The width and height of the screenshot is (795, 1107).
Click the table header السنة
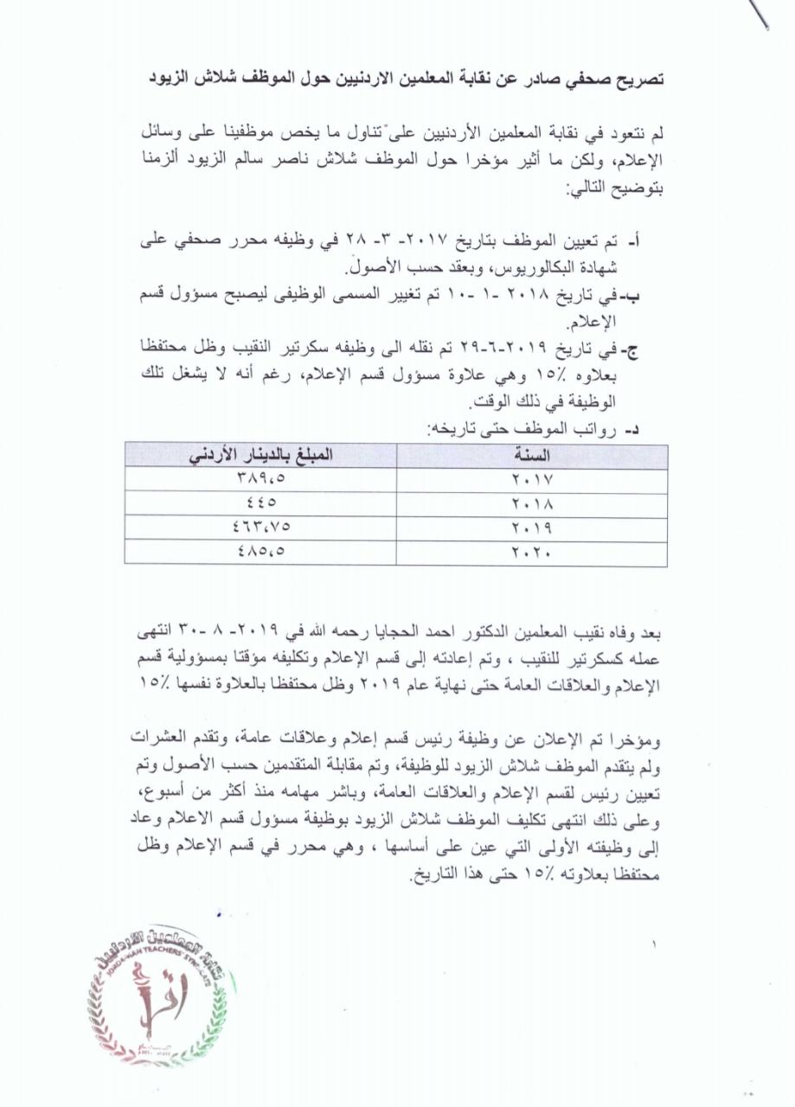(532, 456)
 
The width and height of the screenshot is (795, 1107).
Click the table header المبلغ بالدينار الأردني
(260, 456)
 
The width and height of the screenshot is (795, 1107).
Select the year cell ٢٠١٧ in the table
(532, 480)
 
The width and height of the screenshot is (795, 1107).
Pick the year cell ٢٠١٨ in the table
(532, 504)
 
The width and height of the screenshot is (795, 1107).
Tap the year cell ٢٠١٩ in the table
(532, 528)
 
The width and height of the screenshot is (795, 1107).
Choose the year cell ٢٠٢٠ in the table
(532, 552)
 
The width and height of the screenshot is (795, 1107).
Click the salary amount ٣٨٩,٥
(260, 480)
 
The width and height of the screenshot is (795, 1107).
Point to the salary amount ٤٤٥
(260, 504)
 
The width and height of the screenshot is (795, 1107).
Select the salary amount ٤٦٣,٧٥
(260, 528)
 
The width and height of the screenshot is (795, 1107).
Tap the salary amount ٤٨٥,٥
(260, 552)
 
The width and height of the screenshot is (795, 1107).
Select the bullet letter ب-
(656, 297)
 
